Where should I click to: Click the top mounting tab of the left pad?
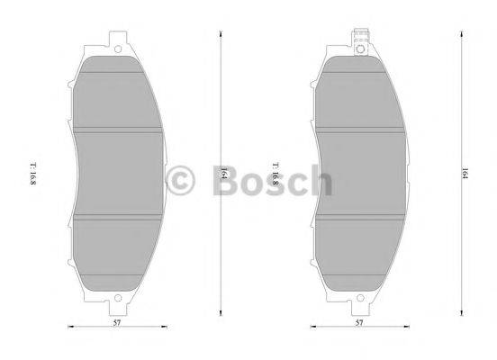point(116,40)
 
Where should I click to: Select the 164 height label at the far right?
point(464,173)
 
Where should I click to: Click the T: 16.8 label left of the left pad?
point(33,175)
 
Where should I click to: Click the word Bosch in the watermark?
point(269,180)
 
